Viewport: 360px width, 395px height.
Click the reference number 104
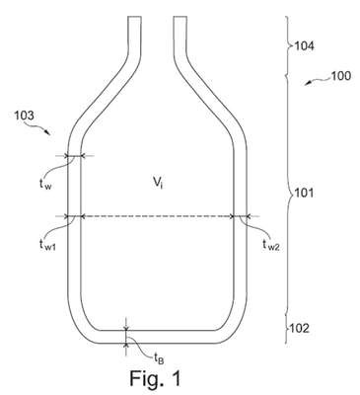coord(304,45)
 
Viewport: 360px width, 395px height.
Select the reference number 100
coord(340,76)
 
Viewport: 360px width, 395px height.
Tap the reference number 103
coord(24,116)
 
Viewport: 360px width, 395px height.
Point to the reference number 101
coord(304,193)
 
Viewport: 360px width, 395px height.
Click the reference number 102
coord(299,328)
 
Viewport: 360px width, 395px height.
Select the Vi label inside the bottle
coord(158,183)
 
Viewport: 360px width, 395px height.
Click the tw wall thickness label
coord(45,185)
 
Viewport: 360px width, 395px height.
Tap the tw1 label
coord(47,245)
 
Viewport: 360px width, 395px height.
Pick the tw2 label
coord(271,245)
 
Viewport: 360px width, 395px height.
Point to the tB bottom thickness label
coord(159,357)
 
